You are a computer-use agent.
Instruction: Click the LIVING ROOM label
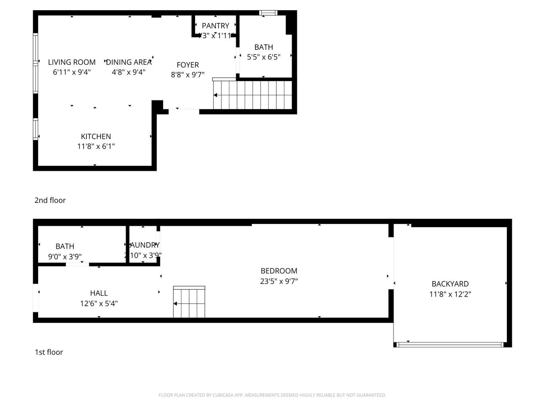72,62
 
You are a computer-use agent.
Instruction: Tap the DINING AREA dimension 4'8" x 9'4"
129,72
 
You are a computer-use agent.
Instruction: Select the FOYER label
188,65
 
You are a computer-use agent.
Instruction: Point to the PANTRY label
215,26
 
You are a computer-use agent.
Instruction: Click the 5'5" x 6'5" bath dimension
264,57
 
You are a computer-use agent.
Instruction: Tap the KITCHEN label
96,137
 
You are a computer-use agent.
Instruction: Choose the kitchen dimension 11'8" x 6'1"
96,146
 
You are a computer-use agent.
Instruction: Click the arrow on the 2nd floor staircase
215,95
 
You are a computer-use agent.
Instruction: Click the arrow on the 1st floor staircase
175,304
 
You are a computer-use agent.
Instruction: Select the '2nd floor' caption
50,200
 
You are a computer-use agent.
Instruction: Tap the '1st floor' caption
49,352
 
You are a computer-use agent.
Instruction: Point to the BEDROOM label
279,271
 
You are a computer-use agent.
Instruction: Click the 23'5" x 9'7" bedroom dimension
279,281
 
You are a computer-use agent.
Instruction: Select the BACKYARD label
450,284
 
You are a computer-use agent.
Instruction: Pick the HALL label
99,293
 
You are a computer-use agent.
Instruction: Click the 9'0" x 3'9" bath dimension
65,257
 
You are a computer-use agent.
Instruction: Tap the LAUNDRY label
144,245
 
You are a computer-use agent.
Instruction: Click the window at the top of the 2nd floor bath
268,13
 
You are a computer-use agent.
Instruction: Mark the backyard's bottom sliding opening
450,345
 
